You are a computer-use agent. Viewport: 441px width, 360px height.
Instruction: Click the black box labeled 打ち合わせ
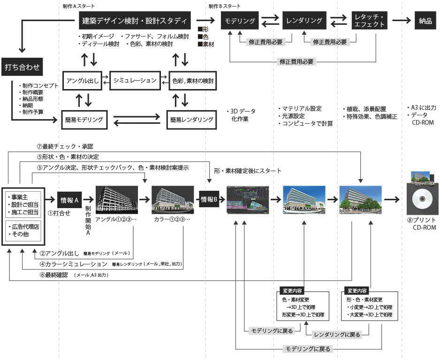[x=22, y=67]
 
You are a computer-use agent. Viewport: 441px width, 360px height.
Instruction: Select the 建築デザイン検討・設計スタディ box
[x=134, y=21]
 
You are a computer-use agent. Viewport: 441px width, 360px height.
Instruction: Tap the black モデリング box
[x=240, y=21]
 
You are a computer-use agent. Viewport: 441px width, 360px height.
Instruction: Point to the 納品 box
[x=425, y=21]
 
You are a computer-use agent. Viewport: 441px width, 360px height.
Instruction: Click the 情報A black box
[x=70, y=200]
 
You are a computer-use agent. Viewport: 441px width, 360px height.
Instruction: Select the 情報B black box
[x=209, y=199]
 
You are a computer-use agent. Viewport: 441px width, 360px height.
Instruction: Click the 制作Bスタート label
[x=225, y=6]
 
